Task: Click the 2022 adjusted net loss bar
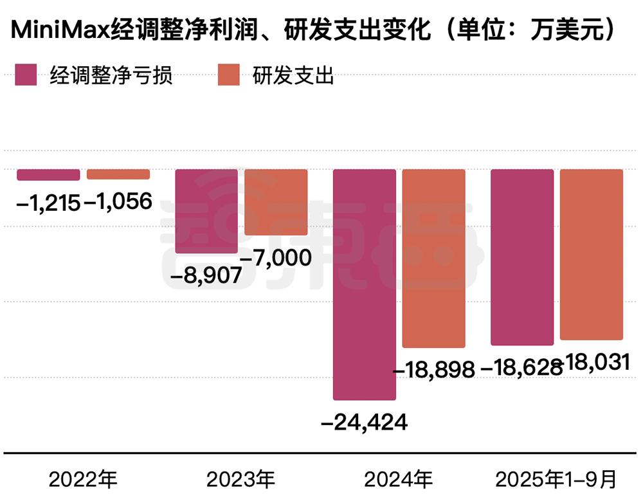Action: [x=48, y=175]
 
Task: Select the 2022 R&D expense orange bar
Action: [x=118, y=174]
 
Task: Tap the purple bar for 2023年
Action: [x=206, y=211]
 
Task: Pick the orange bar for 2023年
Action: [x=276, y=202]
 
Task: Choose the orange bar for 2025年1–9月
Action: [x=592, y=255]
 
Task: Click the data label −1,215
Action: [x=48, y=203]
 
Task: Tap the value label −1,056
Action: [x=119, y=203]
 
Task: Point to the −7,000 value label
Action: [x=277, y=258]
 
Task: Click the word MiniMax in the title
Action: [x=57, y=30]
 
